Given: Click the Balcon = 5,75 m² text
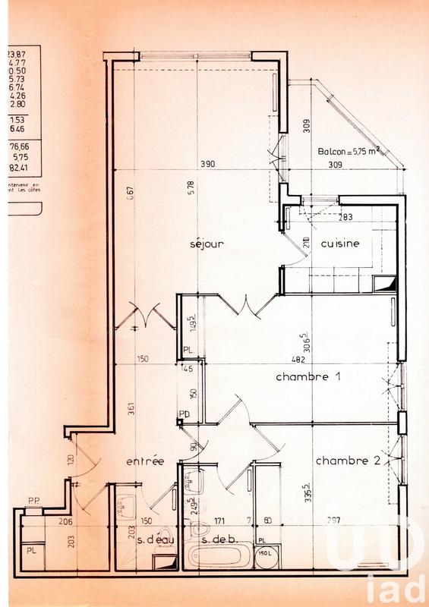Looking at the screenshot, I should coord(352,151).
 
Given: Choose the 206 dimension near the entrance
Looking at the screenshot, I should coord(65,521).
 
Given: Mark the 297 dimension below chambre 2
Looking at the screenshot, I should coord(335,521).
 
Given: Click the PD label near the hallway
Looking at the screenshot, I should coord(185,414).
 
